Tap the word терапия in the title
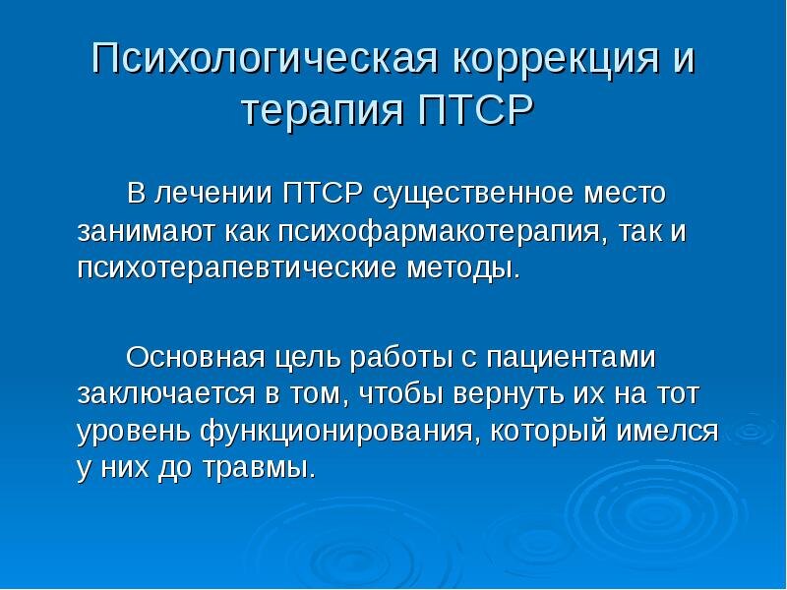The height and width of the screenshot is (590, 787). point(325,112)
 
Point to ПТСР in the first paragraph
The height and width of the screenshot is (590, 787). point(323,193)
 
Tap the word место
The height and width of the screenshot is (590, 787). point(624,194)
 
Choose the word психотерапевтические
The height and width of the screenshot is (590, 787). point(237,269)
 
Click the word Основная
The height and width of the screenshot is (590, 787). point(195,357)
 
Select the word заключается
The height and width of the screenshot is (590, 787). point(166,394)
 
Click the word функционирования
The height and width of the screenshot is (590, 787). point(336,433)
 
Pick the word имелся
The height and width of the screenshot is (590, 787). point(667,432)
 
